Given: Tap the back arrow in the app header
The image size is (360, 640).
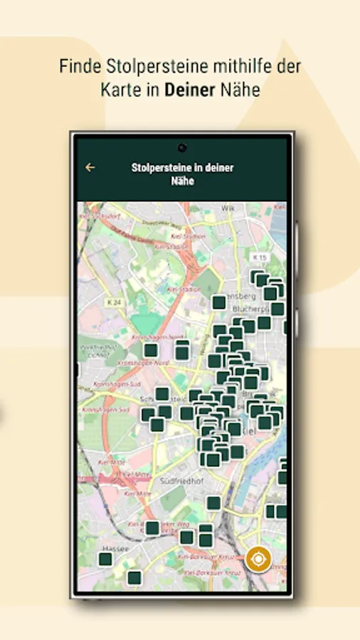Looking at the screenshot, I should point(90,168).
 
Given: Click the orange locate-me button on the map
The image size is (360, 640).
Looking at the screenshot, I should point(258,559).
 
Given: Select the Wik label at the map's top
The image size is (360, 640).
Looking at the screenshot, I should point(228,208).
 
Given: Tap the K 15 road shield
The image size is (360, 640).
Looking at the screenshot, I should point(258,256).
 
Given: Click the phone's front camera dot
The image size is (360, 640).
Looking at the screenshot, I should point(182,148).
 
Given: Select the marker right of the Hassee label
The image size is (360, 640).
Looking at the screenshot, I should point(152,528).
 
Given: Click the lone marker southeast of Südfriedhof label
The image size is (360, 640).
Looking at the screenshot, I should point(213,503).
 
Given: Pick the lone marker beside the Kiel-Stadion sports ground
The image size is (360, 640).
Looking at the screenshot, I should point(219,302).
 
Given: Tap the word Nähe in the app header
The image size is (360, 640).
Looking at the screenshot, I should point(182,181).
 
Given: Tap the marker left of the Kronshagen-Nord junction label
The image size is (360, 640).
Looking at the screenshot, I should point(151,350).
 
